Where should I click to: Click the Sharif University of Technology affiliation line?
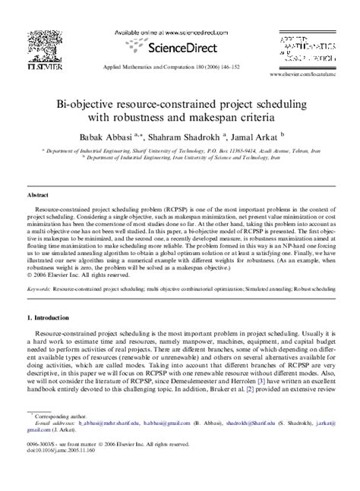click(x=179, y=151)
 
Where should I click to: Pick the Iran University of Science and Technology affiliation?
click(x=179, y=159)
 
